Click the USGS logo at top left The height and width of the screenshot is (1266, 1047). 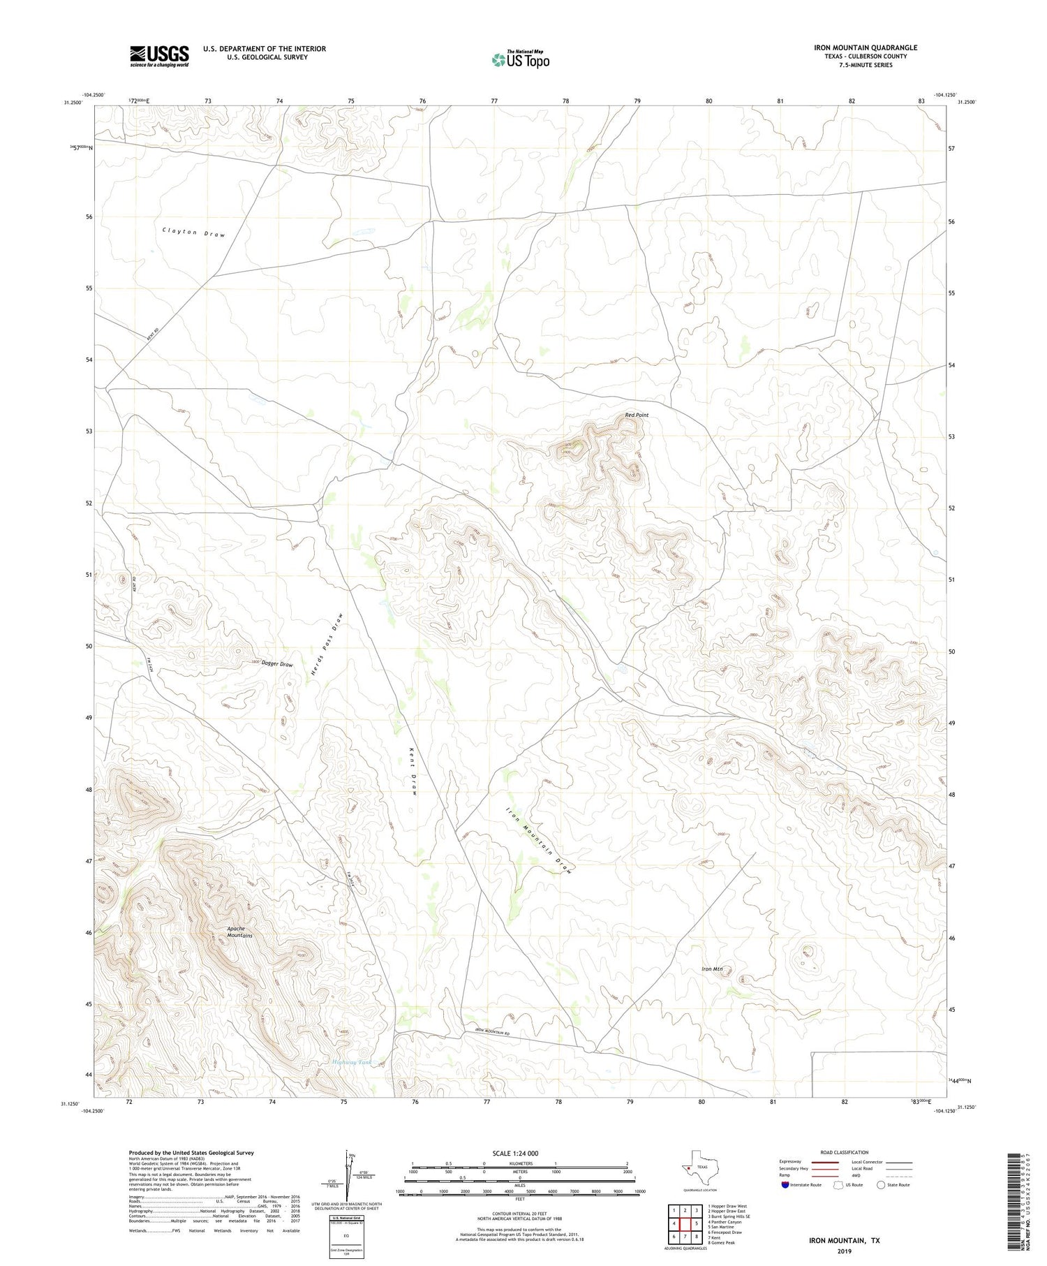pos(159,56)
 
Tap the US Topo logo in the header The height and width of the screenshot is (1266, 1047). pos(520,60)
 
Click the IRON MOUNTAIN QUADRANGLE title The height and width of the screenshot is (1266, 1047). pos(866,47)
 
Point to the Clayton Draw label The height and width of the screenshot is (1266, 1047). pos(194,233)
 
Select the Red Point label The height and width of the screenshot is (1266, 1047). pos(637,415)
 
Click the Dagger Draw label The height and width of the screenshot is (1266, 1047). pos(277,664)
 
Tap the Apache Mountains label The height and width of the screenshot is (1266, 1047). pos(239,932)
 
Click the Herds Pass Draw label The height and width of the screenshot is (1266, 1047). pos(326,643)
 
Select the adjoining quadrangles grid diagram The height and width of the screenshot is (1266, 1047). pos(684,1223)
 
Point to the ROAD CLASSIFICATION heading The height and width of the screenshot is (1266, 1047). pos(845,1152)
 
